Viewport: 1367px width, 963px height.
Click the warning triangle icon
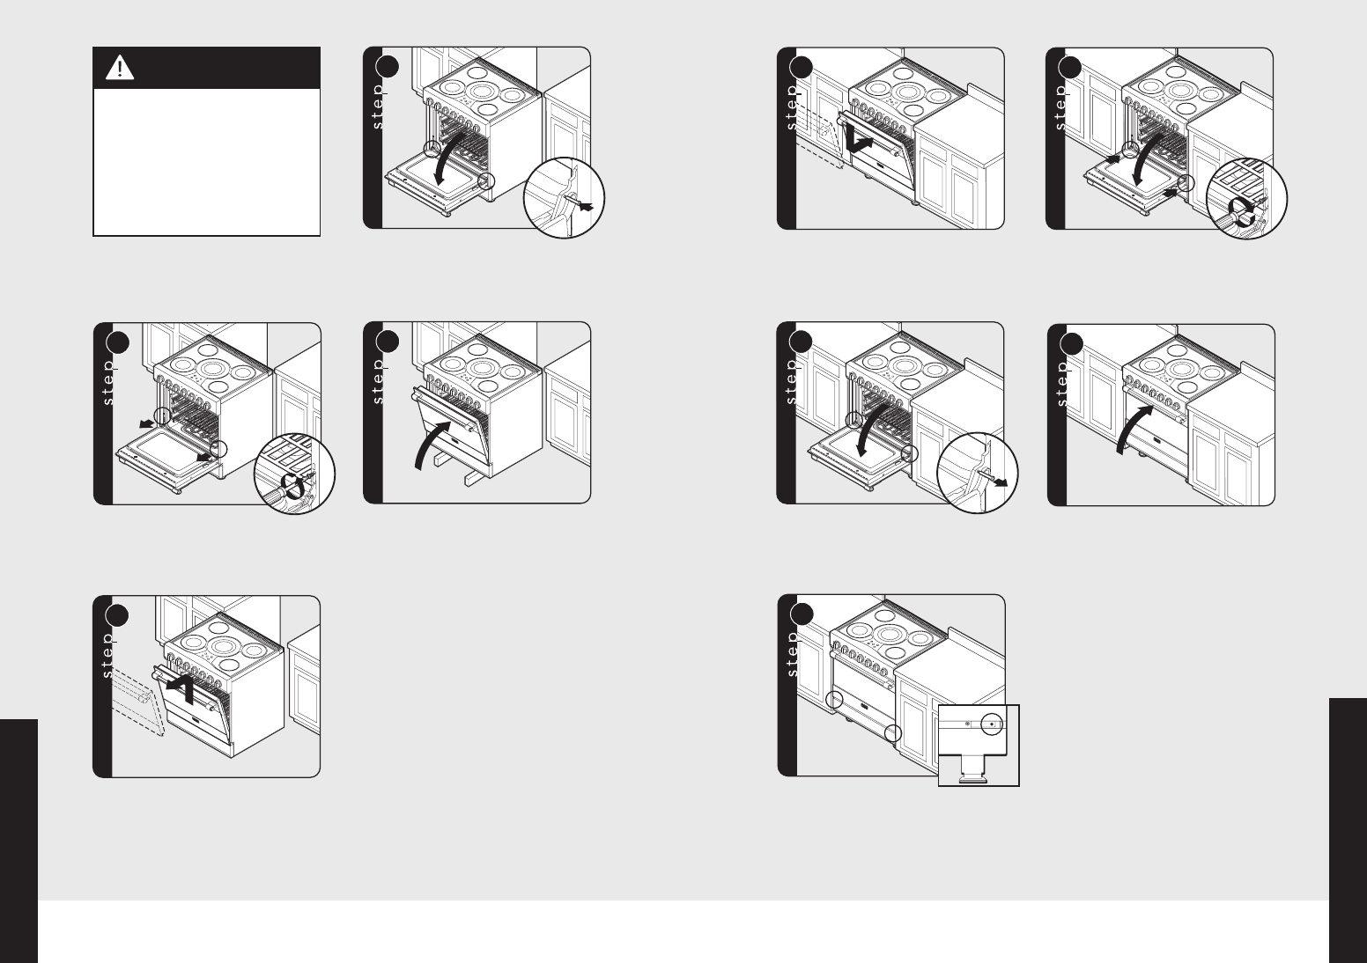120,68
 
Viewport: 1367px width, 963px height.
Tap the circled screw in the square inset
992,724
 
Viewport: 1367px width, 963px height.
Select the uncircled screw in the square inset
968,724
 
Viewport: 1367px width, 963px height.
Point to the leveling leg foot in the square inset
972,778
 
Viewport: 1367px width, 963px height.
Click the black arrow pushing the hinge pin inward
584,207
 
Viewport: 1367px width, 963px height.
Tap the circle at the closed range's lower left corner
834,700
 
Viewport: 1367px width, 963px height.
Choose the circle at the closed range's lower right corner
893,733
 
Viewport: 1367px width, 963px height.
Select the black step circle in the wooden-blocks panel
388,342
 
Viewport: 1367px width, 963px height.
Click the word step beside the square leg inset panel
792,654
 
